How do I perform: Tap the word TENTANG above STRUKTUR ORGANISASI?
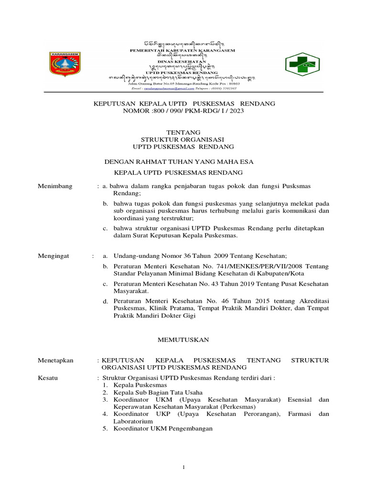[183, 132]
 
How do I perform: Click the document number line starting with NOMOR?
[183, 110]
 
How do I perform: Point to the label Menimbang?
[55, 186]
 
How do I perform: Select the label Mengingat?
[54, 256]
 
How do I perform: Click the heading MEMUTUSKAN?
[183, 340]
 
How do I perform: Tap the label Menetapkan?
[55, 361]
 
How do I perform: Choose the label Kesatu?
[48, 378]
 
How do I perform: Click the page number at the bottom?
[183, 467]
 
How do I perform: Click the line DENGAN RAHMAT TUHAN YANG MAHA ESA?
[179, 162]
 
